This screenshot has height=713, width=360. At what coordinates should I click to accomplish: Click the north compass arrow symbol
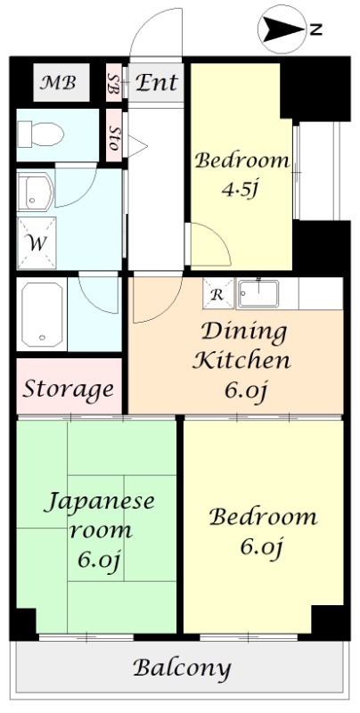282,29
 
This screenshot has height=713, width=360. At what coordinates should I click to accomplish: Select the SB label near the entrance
114,84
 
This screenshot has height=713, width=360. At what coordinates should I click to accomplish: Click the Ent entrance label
157,84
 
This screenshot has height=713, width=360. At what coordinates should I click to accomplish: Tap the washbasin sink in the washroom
35,190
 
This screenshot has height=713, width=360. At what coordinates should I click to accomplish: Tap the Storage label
69,389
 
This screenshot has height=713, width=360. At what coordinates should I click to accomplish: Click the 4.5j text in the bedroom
241,190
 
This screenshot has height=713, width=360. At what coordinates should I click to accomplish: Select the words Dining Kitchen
243,347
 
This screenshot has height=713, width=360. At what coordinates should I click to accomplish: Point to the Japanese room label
99,516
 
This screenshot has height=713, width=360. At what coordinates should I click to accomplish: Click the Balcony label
182,668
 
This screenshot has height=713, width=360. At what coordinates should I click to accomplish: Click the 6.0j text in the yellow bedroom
262,546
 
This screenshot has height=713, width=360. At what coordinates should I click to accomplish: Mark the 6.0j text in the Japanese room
99,561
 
